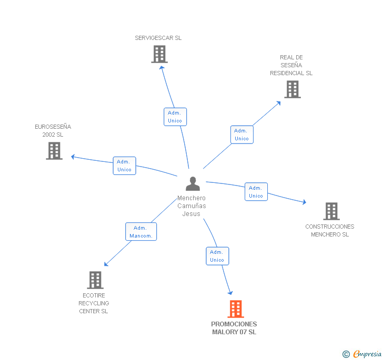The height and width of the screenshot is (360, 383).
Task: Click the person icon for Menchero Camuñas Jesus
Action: click(193, 184)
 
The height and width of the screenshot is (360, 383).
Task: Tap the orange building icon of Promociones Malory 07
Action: click(236, 309)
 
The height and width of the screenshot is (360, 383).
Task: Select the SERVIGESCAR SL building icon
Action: click(159, 54)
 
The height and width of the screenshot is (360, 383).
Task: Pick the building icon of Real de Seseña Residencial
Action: click(293, 89)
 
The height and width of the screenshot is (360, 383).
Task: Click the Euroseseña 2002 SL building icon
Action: click(54, 151)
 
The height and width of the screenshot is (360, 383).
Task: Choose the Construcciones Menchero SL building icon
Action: click(331, 211)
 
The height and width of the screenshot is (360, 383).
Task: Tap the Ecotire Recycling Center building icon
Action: click(95, 280)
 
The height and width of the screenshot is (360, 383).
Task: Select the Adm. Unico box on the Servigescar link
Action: click(175, 117)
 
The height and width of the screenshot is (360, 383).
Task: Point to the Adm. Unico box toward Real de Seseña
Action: click(241, 135)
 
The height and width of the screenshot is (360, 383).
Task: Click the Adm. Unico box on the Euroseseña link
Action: click(125, 166)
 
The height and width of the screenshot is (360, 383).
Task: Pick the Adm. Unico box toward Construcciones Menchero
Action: click(256, 192)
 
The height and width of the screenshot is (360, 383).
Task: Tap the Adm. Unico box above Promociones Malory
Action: click(217, 256)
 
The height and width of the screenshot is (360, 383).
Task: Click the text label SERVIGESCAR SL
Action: click(158, 38)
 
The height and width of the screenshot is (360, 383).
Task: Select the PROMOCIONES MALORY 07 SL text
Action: click(234, 328)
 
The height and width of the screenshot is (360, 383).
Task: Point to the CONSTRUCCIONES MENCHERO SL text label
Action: click(330, 231)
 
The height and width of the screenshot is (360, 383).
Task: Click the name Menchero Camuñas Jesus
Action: click(191, 206)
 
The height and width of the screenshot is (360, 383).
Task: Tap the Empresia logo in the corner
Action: click(362, 354)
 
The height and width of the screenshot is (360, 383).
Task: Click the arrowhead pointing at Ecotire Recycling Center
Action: click(106, 264)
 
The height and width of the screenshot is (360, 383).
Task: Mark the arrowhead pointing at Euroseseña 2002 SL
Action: click(73, 156)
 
